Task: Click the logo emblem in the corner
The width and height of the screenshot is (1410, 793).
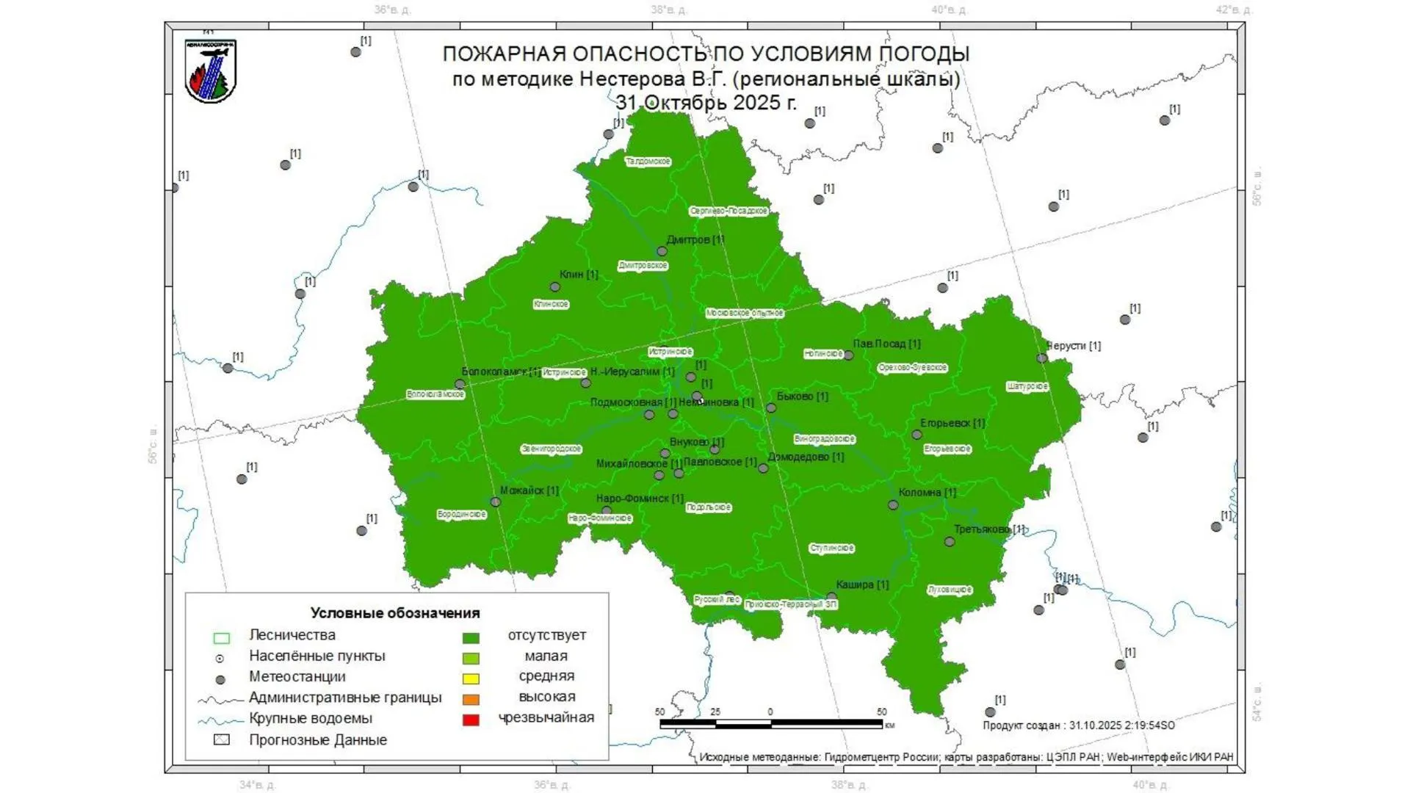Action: click(211, 71)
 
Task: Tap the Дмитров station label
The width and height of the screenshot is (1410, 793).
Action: click(695, 239)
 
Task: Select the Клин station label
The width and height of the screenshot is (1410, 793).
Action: click(579, 274)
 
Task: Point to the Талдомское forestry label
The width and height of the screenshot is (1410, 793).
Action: click(648, 161)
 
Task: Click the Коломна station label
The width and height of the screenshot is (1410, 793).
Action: click(927, 492)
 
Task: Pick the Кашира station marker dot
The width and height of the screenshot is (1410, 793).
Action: click(831, 597)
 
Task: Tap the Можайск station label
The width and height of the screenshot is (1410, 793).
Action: click(529, 490)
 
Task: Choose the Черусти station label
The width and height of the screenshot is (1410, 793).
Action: click(1074, 345)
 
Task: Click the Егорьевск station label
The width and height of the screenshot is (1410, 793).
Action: click(952, 422)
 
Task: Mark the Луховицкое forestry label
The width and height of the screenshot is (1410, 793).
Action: click(950, 589)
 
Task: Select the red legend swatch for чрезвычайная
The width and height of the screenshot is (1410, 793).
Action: click(471, 720)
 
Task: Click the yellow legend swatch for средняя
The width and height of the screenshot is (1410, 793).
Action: click(471, 678)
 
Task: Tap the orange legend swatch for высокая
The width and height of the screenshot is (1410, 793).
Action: click(471, 699)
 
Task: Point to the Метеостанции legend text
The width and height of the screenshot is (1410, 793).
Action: click(297, 676)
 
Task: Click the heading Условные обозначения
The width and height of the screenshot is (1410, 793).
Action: click(394, 612)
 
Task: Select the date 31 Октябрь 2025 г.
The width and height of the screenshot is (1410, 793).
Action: click(706, 103)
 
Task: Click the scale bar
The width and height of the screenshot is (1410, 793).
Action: click(770, 723)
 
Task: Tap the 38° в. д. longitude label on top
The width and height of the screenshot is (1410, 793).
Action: click(668, 10)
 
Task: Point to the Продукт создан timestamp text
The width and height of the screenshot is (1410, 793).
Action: click(1078, 725)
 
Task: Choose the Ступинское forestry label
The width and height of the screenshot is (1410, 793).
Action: click(831, 548)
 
